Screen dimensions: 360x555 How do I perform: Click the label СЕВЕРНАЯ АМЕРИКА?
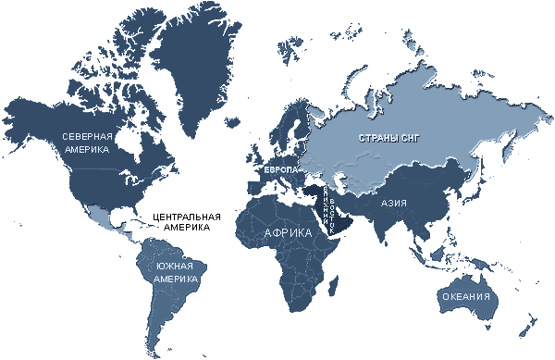pyautogui.click(x=87, y=142)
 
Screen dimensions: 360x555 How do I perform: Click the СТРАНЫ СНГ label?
pyautogui.click(x=388, y=140)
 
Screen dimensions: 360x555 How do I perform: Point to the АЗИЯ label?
pyautogui.click(x=394, y=202)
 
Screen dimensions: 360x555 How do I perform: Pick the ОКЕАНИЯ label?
pyautogui.click(x=465, y=296)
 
